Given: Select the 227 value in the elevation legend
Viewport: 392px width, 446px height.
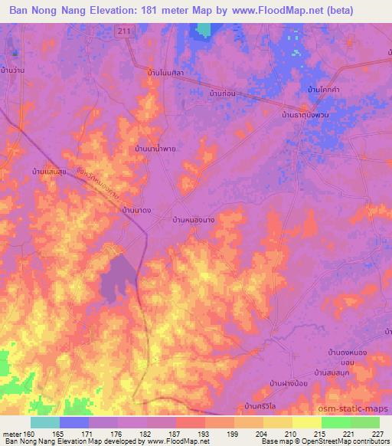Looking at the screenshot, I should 377,433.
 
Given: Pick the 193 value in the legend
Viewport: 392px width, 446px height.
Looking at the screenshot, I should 204,433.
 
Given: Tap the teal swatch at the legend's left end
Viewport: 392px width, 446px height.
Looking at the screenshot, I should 45,421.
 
